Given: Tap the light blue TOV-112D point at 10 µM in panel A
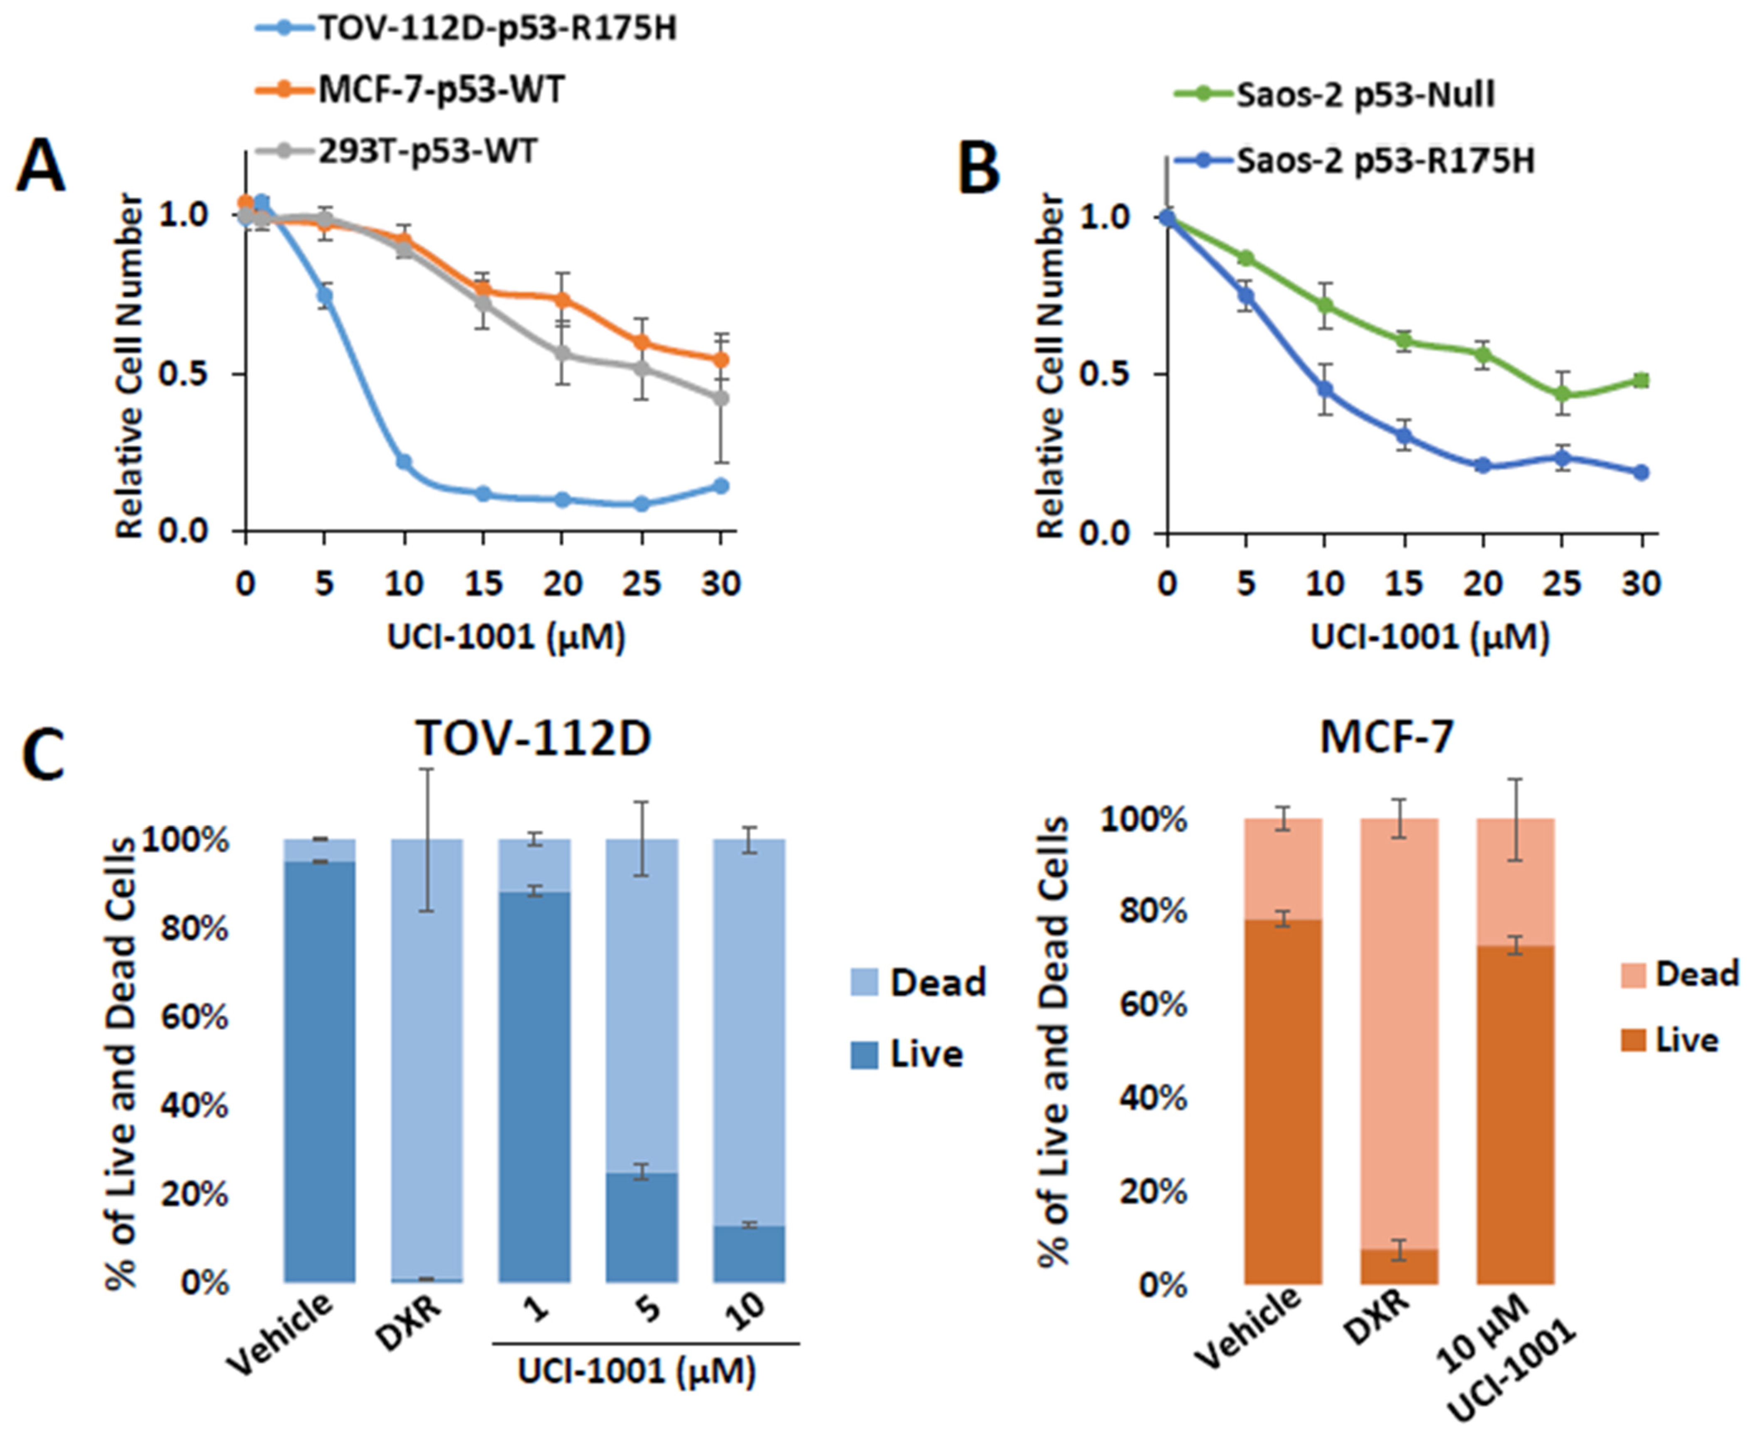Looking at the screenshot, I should coord(404,462).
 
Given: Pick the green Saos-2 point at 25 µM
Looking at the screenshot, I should coord(1562,394).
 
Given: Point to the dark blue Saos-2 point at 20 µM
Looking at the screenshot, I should coord(1483,466).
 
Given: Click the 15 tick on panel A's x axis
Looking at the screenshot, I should coord(483,584).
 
